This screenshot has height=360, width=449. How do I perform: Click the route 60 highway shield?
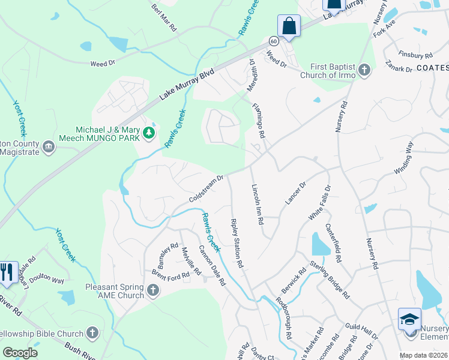click(x=274, y=41)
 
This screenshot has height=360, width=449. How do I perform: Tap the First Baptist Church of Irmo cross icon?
click(x=364, y=71)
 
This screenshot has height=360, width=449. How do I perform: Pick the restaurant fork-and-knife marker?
click(x=8, y=272)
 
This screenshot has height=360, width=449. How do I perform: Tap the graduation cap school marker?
click(x=410, y=319)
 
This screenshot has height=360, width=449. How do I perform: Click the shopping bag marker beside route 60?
click(x=289, y=26)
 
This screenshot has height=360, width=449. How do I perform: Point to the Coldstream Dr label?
click(x=206, y=188)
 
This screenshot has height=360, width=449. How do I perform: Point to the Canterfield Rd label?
click(x=334, y=243)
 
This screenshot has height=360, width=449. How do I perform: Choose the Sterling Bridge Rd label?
click(x=330, y=279)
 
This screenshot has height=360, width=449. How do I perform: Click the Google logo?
click(x=20, y=352)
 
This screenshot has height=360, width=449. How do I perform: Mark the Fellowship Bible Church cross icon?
click(x=92, y=332)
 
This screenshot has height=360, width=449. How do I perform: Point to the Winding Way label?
click(x=403, y=157)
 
